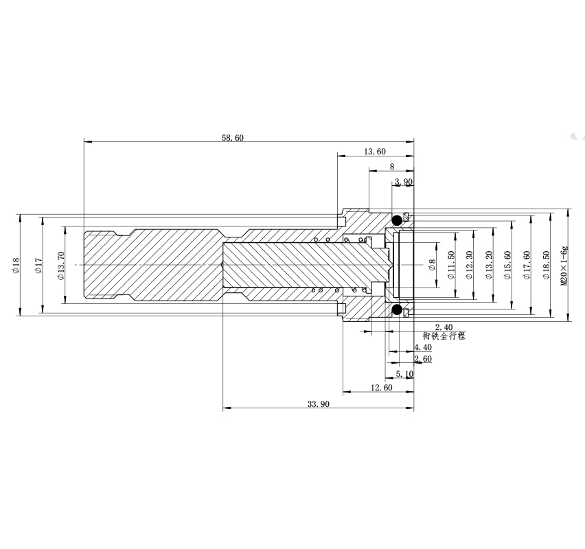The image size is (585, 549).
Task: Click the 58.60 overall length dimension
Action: (233, 138)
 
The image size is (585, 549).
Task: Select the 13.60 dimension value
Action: (375, 152)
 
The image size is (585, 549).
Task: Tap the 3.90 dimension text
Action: (404, 182)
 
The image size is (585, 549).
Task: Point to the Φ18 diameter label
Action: (16, 265)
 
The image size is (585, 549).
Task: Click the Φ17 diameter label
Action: (38, 265)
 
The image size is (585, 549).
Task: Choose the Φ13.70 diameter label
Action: (61, 266)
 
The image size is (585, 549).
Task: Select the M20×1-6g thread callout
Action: (564, 266)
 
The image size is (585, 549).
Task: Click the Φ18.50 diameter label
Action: (546, 265)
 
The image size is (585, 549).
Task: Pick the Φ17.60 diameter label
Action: (527, 265)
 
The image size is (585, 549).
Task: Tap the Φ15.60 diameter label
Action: (507, 265)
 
